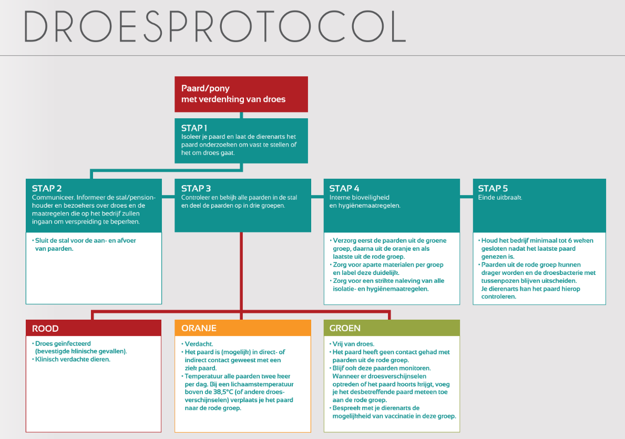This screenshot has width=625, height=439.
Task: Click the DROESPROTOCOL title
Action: click(215, 26)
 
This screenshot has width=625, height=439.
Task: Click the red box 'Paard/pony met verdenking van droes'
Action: click(241, 94)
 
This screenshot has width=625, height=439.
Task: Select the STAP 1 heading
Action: click(194, 128)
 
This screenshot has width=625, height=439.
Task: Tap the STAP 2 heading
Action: click(47, 188)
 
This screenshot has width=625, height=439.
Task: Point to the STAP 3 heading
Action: click(196, 188)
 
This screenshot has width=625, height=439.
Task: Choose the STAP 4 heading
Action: click(344, 188)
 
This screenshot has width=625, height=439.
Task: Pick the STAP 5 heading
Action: click(493, 188)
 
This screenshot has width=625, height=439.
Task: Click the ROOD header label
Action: click(45, 329)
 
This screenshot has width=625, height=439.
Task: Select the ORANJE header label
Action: click(199, 328)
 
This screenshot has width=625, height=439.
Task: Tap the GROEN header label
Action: click(345, 328)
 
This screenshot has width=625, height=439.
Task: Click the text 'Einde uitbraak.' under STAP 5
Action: click(500, 197)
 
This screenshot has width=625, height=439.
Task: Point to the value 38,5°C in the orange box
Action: click(223, 392)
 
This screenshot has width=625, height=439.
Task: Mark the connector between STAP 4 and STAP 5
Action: click(466, 197)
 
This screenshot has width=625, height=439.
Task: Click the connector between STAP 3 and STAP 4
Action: click(317, 197)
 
